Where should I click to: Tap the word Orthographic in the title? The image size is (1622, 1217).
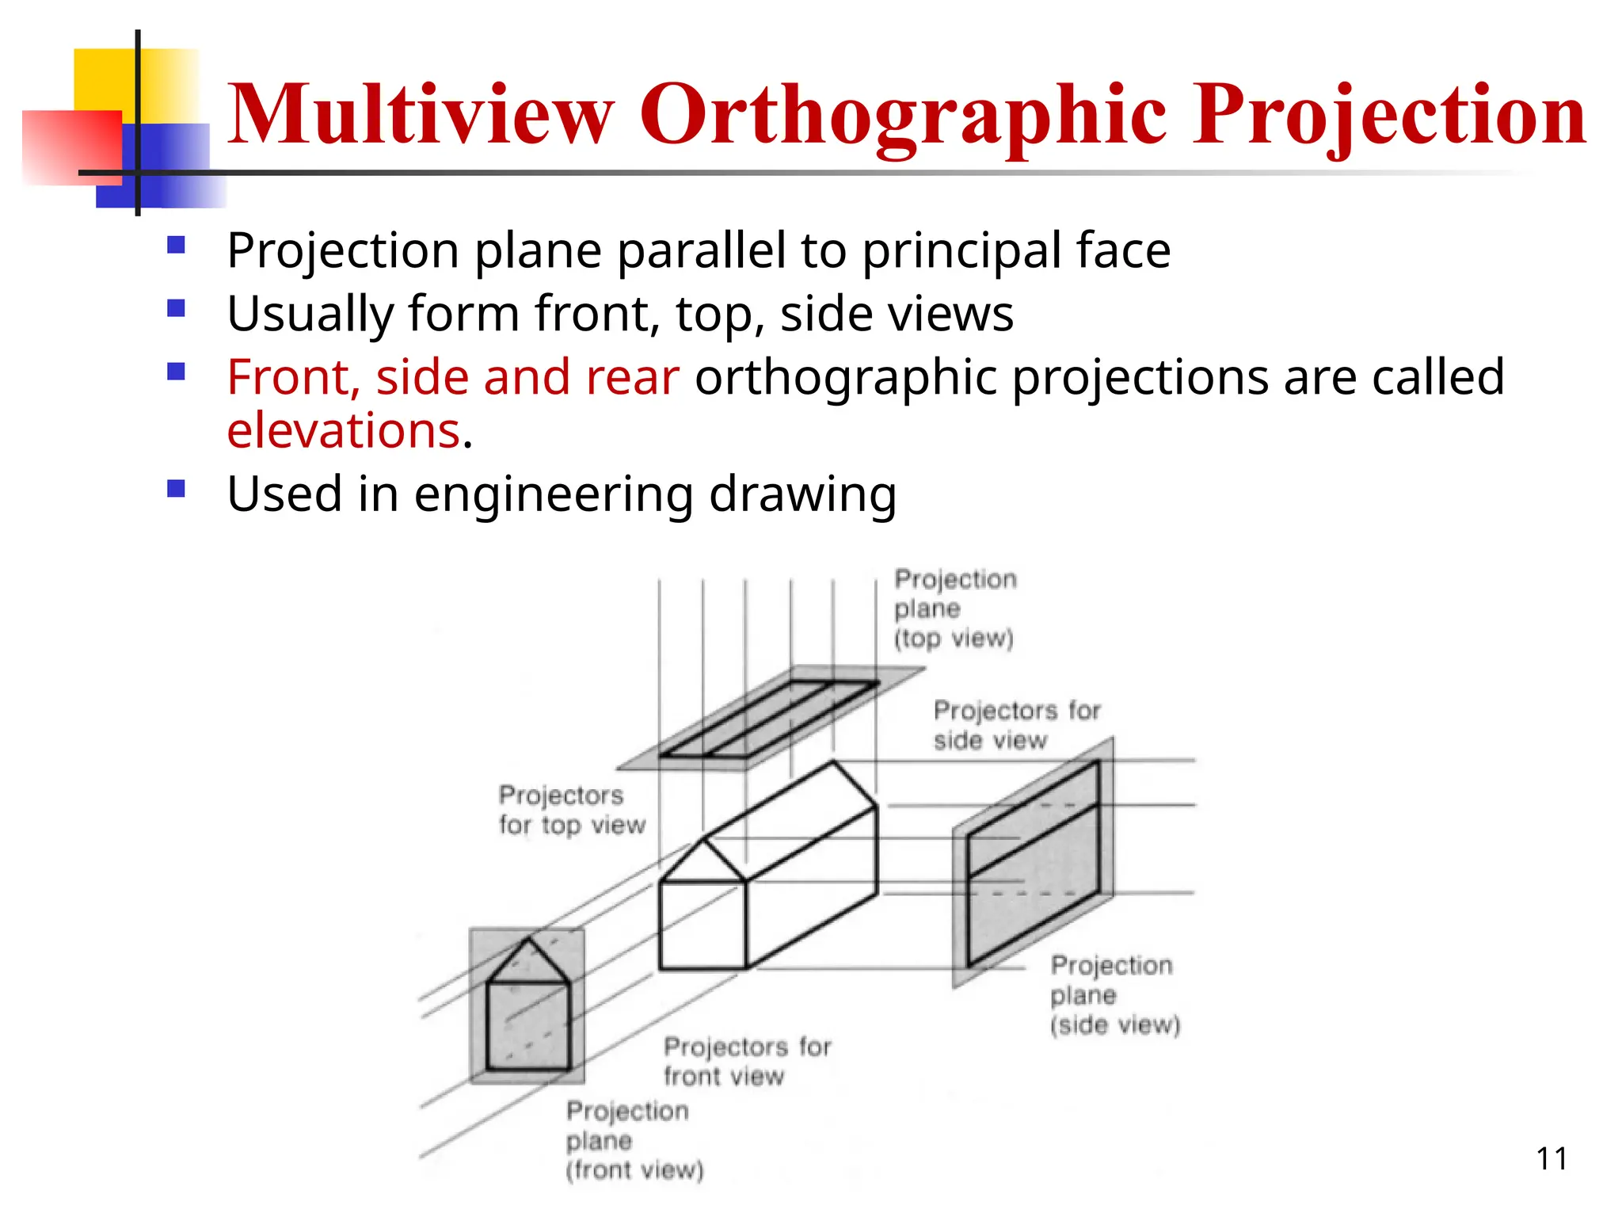coord(903,116)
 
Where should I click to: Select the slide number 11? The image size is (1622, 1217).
coord(1552,1159)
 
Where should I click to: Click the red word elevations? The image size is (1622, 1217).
coord(344,431)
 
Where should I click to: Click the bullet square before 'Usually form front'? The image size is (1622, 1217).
coord(176,308)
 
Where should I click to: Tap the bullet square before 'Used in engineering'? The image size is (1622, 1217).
coord(176,489)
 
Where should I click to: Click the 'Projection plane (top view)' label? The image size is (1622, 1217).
coord(955,608)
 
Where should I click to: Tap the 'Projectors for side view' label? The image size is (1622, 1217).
coord(1016,725)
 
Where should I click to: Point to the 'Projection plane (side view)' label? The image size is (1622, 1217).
coord(1114,995)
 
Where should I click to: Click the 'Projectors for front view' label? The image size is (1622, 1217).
coord(747,1062)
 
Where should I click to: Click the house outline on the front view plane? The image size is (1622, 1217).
coord(528,1007)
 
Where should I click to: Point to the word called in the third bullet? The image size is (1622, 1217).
coord(1437,377)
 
